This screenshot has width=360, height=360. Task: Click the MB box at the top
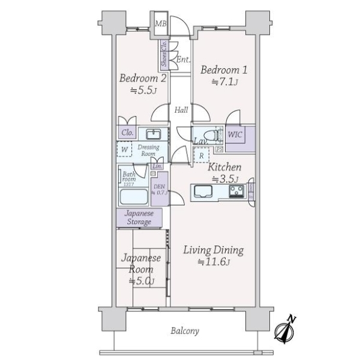[160, 24]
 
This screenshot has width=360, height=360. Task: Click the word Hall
[181, 110]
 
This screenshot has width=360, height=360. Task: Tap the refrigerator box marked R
[201, 154]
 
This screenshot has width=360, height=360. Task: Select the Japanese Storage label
[139, 217]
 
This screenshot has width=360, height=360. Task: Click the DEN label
[160, 190]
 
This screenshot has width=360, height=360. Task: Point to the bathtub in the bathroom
[133, 197]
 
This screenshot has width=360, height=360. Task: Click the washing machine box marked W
[124, 149]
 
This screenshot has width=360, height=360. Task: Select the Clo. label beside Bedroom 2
[127, 133]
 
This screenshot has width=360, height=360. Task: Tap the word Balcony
[185, 331]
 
